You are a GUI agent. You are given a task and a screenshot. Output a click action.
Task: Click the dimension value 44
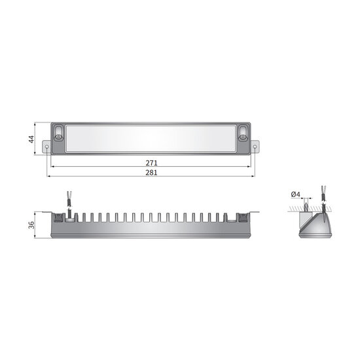(30, 139)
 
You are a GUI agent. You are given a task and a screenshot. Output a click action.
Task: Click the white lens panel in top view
(151, 138)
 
